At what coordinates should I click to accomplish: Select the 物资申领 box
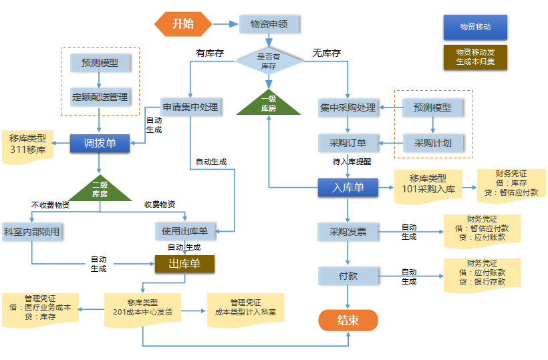tap(269, 24)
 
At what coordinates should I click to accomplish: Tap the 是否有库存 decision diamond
tap(268, 61)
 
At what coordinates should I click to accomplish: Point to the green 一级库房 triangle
tap(268, 105)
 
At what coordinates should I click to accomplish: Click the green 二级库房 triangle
tap(100, 190)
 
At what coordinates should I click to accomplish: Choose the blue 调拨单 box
tap(100, 143)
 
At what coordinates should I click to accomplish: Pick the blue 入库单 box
tap(348, 188)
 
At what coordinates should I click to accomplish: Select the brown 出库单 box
tap(184, 264)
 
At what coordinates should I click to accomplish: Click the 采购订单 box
tap(348, 143)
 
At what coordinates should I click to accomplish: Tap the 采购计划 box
tap(432, 143)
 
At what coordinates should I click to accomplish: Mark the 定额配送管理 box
tap(100, 97)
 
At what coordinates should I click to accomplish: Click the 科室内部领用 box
tap(31, 232)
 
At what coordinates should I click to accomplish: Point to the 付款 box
tap(348, 275)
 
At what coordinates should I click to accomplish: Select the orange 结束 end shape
tap(348, 320)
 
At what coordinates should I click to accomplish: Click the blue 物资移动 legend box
tap(475, 27)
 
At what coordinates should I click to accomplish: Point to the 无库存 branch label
tap(327, 53)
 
